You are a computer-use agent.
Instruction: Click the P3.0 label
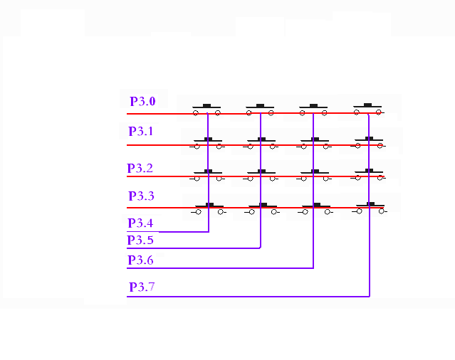pyautogui.click(x=142, y=101)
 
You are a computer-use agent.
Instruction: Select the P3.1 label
pyautogui.click(x=141, y=132)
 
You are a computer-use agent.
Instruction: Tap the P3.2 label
pyautogui.click(x=140, y=168)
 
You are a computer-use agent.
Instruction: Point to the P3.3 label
pyautogui.click(x=141, y=196)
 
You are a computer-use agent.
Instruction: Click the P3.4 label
pyautogui.click(x=140, y=223)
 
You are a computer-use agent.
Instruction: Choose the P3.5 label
pyautogui.click(x=140, y=240)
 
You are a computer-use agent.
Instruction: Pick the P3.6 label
pyautogui.click(x=140, y=260)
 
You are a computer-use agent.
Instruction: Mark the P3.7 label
pyautogui.click(x=142, y=287)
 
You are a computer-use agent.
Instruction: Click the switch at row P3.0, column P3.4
pyautogui.click(x=206, y=110)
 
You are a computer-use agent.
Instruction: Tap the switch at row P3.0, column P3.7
pyautogui.click(x=368, y=109)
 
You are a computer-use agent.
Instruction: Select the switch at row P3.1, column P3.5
pyautogui.click(x=261, y=143)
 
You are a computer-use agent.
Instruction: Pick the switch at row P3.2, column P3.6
pyautogui.click(x=314, y=175)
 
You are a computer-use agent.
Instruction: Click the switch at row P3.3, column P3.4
pyautogui.click(x=209, y=208)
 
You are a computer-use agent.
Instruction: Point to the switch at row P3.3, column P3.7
pyautogui.click(x=370, y=208)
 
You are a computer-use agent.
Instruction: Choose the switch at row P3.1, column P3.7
pyautogui.click(x=368, y=142)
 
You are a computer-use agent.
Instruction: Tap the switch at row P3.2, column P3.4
pyautogui.click(x=207, y=175)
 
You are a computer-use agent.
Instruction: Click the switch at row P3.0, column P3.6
pyautogui.click(x=313, y=110)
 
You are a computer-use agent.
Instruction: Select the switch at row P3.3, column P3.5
pyautogui.click(x=262, y=208)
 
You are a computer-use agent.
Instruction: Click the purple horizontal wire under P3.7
pyautogui.click(x=248, y=297)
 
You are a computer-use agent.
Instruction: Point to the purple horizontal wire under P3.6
pyautogui.click(x=220, y=268)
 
